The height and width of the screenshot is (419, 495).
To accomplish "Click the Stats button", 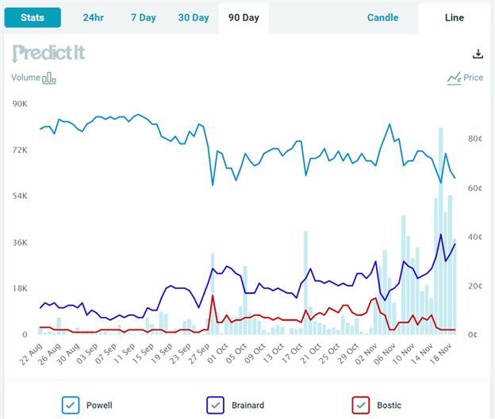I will click(x=33, y=17).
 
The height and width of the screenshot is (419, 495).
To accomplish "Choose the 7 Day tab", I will click(x=144, y=17).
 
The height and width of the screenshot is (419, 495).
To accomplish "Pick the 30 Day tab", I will click(x=194, y=17).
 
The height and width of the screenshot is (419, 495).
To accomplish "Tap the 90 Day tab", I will click(x=244, y=17).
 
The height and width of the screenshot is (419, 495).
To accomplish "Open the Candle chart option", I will click(x=383, y=17).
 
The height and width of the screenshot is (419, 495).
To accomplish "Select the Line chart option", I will click(x=455, y=17).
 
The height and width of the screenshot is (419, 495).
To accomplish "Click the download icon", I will click(x=478, y=54).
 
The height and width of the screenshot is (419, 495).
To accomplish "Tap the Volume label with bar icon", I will click(x=33, y=78).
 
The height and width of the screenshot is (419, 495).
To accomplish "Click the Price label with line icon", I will click(x=465, y=78).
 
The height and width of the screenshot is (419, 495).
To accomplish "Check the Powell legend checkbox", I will click(x=71, y=405).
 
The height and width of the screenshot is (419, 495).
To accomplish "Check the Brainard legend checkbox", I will click(x=215, y=405).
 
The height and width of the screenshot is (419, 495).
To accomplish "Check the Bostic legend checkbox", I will click(x=361, y=405).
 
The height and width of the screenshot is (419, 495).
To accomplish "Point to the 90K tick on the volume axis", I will click(x=19, y=104).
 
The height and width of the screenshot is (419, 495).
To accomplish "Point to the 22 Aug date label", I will click(x=30, y=351).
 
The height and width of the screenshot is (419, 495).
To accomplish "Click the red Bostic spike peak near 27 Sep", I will click(x=213, y=295).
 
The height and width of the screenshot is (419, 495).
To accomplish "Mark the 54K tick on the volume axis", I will click(x=19, y=196).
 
